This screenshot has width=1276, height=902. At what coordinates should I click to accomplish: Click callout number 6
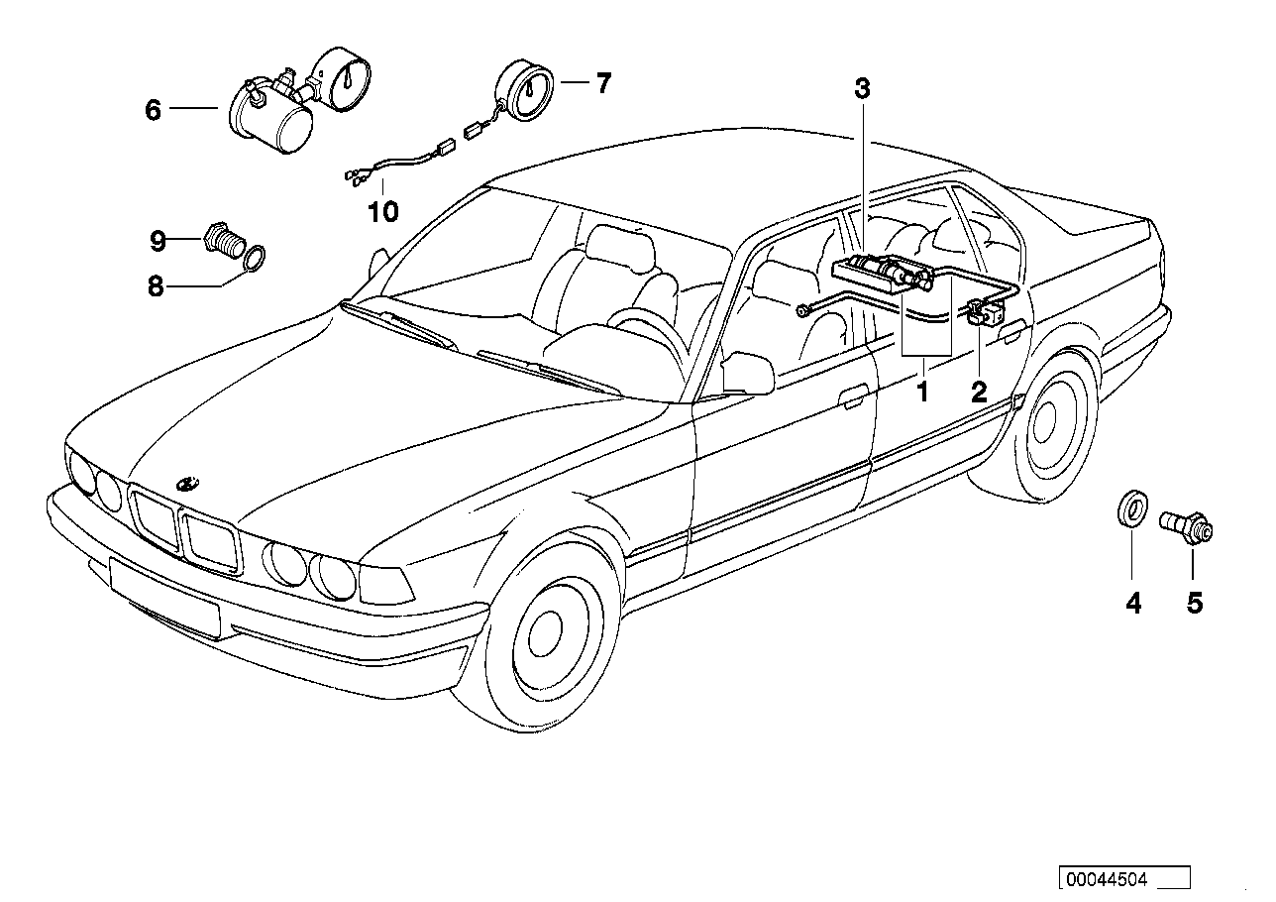(x=153, y=109)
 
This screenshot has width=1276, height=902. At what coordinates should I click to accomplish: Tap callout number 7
(x=603, y=83)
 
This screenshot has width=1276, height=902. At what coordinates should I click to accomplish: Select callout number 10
(x=383, y=211)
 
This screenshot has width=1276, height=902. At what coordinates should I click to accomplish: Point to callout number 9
(x=158, y=239)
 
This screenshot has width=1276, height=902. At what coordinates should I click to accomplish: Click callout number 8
(x=155, y=287)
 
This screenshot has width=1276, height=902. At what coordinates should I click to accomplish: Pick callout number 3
(x=862, y=89)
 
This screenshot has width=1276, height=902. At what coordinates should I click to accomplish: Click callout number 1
(x=922, y=392)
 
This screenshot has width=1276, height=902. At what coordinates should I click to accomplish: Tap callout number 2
(x=979, y=392)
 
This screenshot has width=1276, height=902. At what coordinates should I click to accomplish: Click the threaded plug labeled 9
(x=223, y=241)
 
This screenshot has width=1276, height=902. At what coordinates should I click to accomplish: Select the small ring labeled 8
(x=254, y=260)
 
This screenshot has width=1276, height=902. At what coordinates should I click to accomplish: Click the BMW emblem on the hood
(x=186, y=484)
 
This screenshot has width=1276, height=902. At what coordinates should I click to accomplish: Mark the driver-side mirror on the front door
(x=749, y=375)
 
